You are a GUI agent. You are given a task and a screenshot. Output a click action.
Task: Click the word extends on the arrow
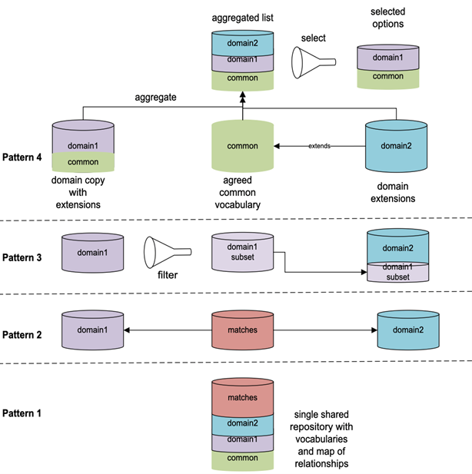point(320,145)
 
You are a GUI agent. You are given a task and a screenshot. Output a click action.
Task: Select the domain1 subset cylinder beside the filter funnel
point(242,253)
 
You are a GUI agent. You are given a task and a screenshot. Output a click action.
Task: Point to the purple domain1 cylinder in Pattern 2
point(92,330)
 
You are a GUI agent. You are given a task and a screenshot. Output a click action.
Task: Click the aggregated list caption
point(242,16)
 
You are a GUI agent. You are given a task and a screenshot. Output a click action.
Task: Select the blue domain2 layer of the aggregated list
point(242,44)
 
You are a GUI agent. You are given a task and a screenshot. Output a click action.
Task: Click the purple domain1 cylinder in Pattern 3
point(92,253)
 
